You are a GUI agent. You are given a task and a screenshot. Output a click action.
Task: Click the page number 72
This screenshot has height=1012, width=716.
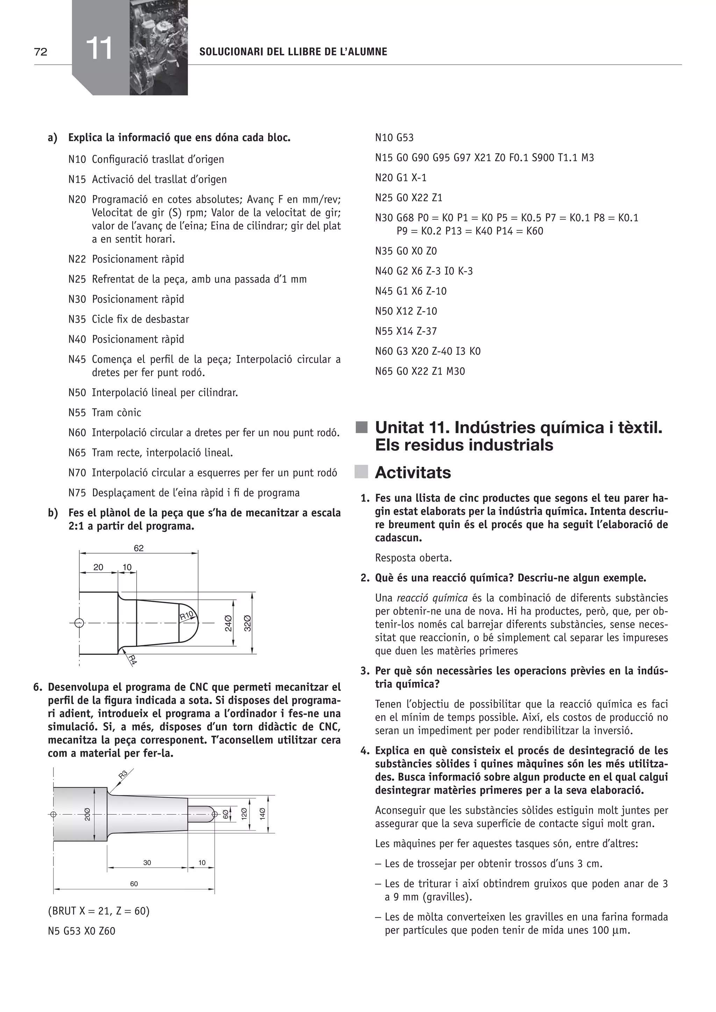click(x=41, y=52)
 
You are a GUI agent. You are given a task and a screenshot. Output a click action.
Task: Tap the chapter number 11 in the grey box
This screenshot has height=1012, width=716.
click(x=99, y=49)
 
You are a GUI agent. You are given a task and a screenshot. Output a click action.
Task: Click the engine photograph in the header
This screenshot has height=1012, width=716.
click(x=159, y=48)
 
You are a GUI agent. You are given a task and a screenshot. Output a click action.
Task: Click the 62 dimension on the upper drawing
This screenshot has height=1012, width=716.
click(x=138, y=548)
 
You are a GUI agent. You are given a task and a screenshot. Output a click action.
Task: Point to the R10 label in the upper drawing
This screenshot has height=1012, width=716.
click(x=186, y=616)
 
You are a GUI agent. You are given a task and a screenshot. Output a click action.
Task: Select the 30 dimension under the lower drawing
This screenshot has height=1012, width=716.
click(x=147, y=862)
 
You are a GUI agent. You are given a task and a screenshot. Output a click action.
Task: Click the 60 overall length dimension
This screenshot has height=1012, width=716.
click(x=134, y=884)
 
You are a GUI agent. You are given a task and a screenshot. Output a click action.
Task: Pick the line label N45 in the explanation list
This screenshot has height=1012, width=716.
click(x=77, y=359)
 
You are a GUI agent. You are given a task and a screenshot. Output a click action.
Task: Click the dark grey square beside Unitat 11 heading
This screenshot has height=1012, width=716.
click(x=361, y=427)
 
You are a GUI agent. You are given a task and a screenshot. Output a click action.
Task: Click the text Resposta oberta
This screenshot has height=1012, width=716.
click(x=413, y=558)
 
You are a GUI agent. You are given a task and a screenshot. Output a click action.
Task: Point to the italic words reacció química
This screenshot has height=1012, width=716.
click(x=432, y=598)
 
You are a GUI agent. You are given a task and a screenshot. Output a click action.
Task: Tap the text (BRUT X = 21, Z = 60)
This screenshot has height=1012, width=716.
click(x=99, y=911)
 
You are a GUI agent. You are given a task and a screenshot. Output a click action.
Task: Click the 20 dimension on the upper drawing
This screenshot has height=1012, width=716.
click(x=98, y=567)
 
